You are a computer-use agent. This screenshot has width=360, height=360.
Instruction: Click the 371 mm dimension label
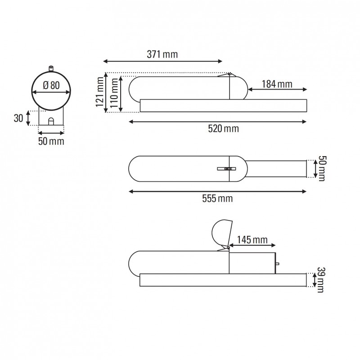point(162,54)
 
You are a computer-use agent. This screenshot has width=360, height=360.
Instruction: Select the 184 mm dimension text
point(277,84)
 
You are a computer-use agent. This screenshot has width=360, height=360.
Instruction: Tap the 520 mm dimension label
point(224,129)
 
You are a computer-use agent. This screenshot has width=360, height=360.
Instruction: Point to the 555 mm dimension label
point(218,198)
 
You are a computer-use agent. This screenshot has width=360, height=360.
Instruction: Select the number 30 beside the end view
point(18,118)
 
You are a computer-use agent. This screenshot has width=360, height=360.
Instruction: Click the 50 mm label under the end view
point(51,141)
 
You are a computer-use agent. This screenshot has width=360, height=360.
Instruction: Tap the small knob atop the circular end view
point(51,68)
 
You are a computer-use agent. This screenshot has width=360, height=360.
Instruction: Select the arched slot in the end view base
point(51,121)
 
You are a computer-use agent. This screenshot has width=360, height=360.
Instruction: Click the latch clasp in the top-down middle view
point(226,169)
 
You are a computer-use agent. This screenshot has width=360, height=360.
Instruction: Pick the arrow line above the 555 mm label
point(217,191)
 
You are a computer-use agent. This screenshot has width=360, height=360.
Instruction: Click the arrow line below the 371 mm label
point(162,62)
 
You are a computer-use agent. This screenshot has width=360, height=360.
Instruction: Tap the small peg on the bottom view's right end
point(278,264)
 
